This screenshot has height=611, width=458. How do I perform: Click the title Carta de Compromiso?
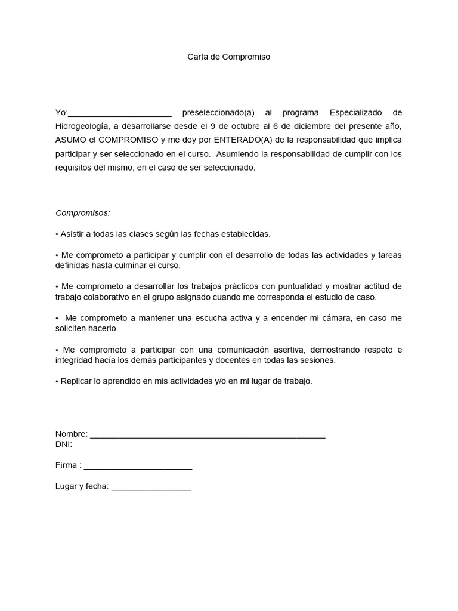coord(229,57)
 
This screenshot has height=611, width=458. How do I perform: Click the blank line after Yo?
coord(120,113)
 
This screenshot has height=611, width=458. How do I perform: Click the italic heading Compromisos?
coord(83,213)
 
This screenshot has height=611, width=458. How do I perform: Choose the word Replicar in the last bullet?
coord(76,381)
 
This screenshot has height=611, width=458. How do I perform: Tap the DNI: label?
coord(64,445)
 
